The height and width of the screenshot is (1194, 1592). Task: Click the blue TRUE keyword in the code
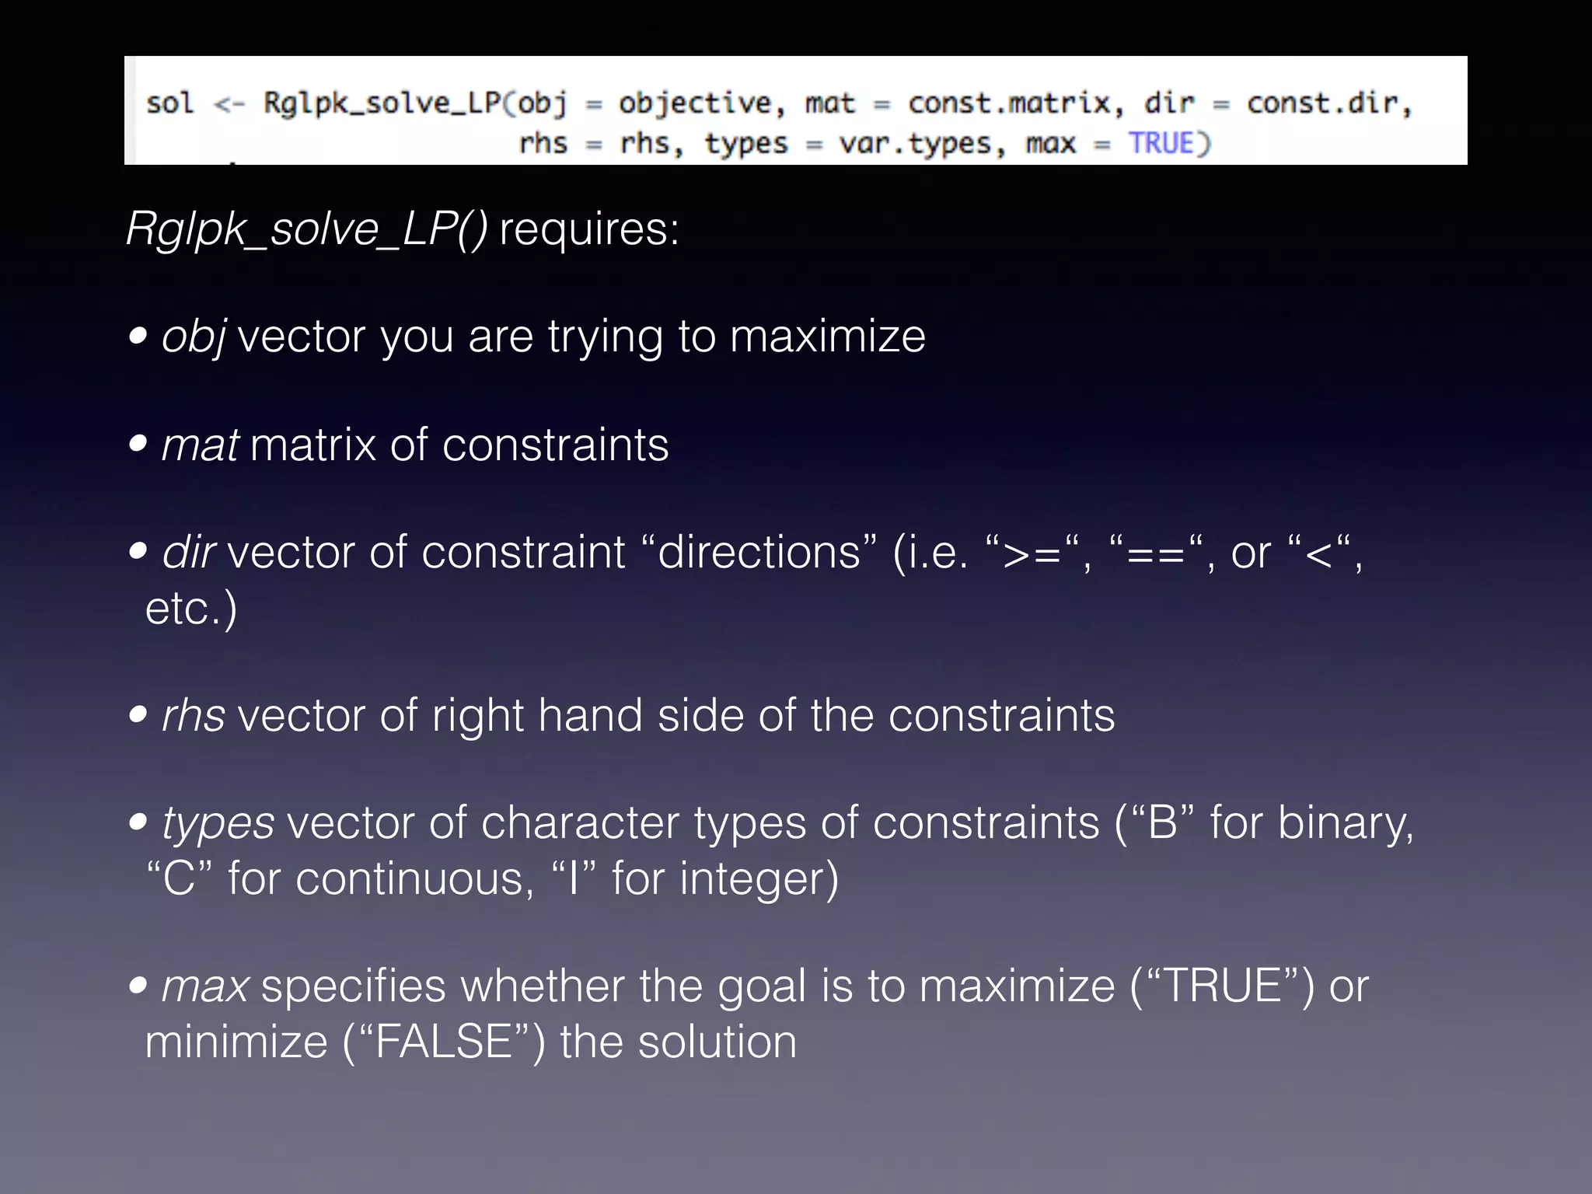coord(1161,143)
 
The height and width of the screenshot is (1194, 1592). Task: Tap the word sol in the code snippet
coord(169,103)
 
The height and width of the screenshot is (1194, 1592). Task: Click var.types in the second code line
coord(916,144)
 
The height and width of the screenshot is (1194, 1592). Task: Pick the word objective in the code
coord(695,103)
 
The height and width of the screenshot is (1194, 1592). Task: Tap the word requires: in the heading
coord(589,229)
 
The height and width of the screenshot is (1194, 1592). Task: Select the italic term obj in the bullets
coord(194,337)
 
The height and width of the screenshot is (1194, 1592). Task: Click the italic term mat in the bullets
coord(200,445)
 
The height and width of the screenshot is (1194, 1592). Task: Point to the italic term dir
coord(188,553)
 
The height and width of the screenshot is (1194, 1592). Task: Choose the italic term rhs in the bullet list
coord(194,715)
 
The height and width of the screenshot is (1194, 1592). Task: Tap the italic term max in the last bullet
coord(205,986)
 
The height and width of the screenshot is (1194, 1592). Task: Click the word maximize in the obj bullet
coord(827,337)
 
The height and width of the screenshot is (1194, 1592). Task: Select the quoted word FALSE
coord(444,1042)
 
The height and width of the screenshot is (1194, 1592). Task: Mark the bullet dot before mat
coord(138,444)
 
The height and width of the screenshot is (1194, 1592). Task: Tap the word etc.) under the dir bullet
coord(191,608)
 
